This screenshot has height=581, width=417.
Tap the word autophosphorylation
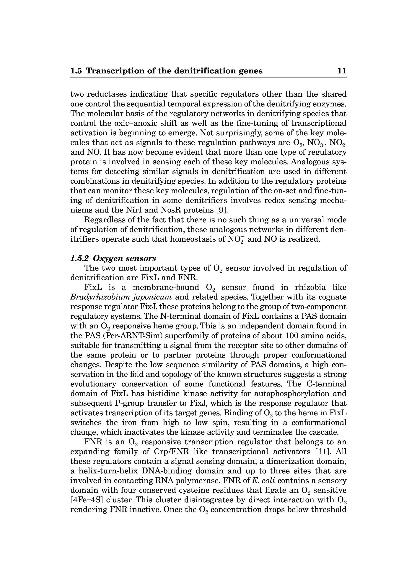tap(291, 394)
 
